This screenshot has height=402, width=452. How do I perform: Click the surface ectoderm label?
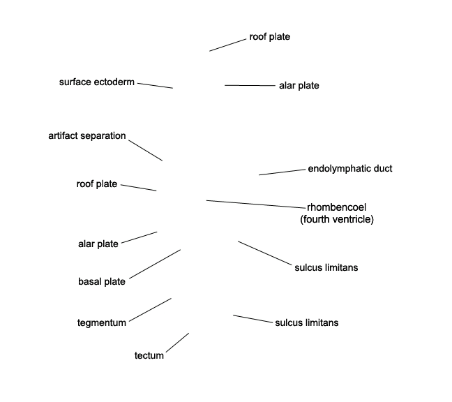(x=97, y=82)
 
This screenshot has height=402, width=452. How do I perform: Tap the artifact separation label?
(x=87, y=136)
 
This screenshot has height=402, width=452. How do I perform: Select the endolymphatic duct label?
(x=350, y=169)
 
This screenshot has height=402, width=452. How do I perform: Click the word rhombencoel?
(x=336, y=207)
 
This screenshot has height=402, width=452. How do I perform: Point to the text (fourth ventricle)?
(x=337, y=219)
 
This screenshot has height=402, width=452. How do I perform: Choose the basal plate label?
(x=102, y=281)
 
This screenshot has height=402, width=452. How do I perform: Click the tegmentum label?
(x=102, y=322)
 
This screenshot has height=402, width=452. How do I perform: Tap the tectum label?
(x=149, y=355)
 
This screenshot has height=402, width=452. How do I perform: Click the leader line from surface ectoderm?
(x=155, y=86)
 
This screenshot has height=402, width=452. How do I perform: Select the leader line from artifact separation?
(x=146, y=151)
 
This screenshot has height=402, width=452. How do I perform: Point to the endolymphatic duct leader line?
(x=282, y=172)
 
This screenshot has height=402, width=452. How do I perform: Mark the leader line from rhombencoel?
(x=256, y=204)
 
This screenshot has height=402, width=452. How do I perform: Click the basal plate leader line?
(x=155, y=264)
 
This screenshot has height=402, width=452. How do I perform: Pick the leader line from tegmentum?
(x=150, y=310)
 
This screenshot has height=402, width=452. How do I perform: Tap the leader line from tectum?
(x=178, y=343)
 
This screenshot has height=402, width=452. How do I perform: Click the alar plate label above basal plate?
(x=98, y=244)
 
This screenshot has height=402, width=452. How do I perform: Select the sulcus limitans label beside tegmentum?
(x=307, y=322)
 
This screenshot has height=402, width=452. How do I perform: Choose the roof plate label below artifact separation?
(x=97, y=184)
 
